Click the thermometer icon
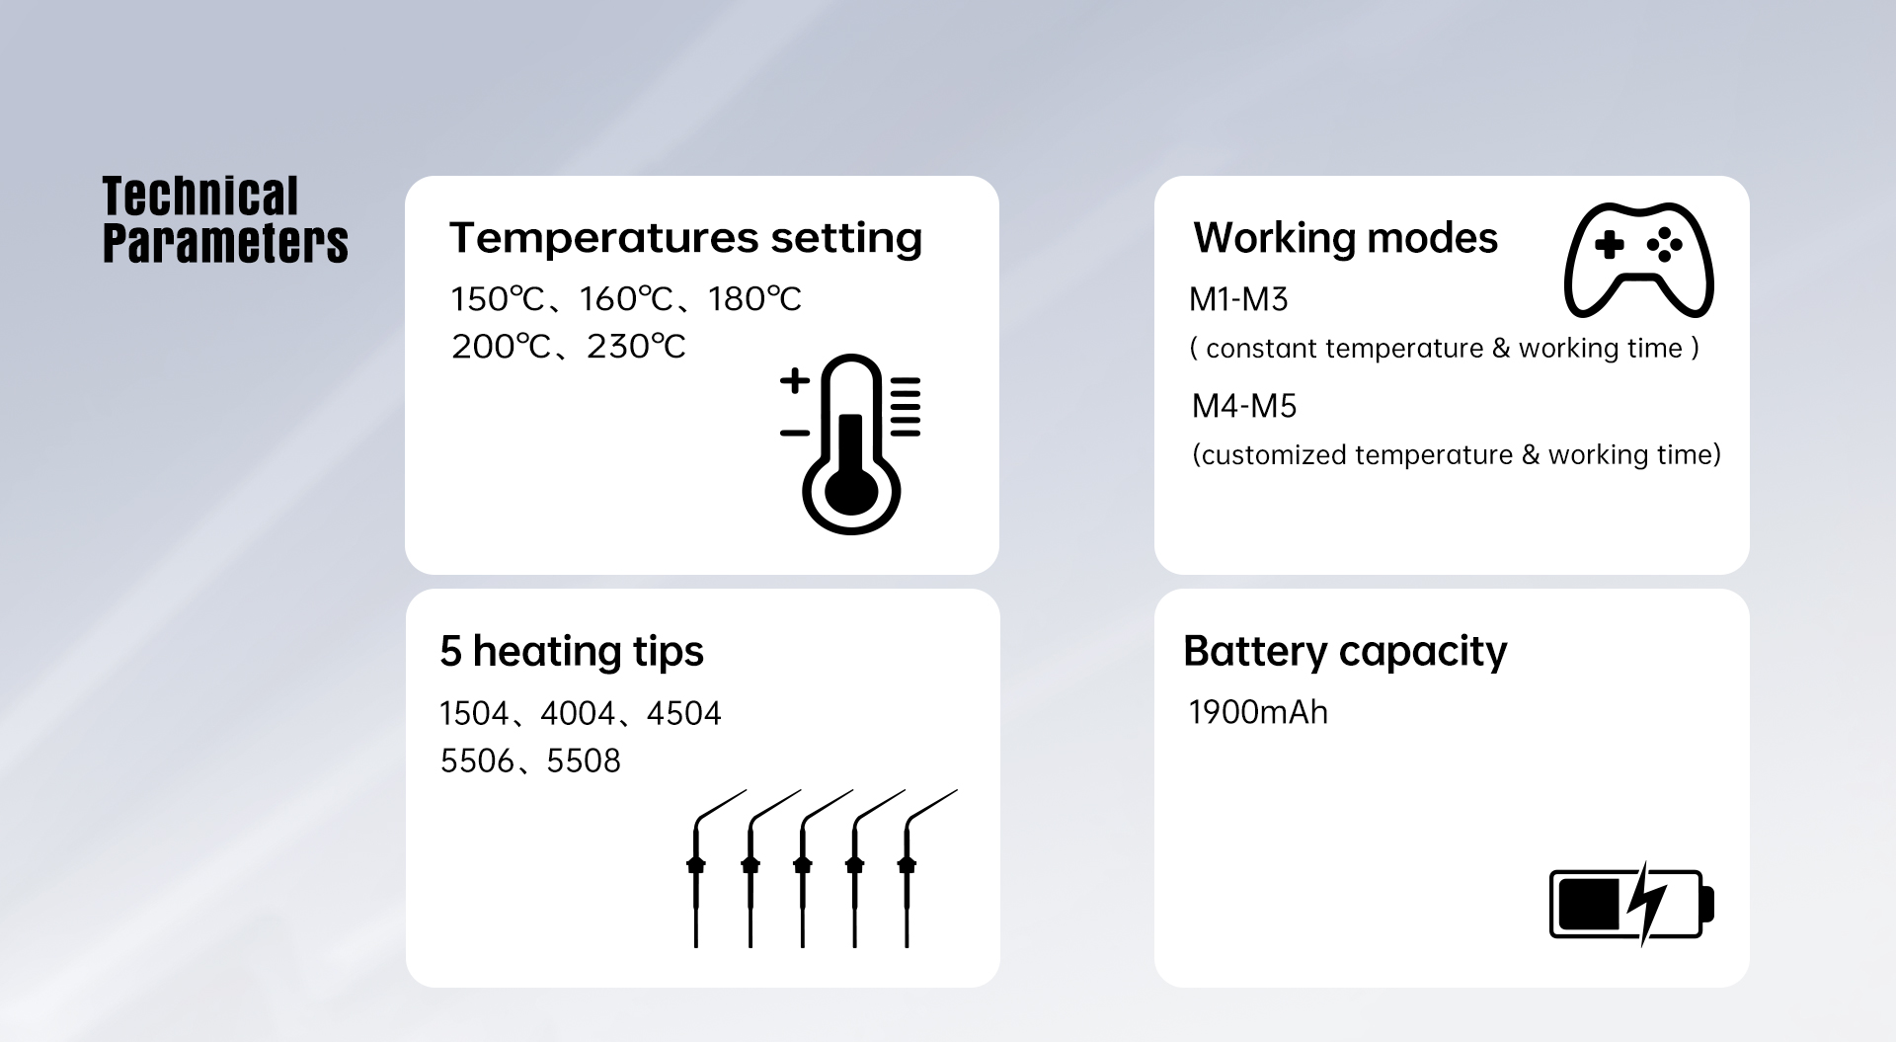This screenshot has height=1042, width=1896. coord(850,443)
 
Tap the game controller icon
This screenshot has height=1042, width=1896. coord(1639,261)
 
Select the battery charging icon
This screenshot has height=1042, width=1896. coord(1631,903)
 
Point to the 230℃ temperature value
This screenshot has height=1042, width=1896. coord(636,347)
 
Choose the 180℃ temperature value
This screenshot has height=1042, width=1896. coord(754,299)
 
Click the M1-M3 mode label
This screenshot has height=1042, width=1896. coord(1238,299)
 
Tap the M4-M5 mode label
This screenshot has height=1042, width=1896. coord(1244,406)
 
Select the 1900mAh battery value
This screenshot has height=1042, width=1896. coord(1258,712)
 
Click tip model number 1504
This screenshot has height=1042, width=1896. coord(474,713)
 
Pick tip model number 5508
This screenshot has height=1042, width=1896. coord(584,761)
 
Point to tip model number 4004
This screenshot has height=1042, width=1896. coord(578,713)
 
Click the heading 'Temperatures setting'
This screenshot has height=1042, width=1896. coord(686,239)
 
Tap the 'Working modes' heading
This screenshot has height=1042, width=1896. coord(1345,238)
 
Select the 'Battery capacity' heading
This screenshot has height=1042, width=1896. coord(1345,653)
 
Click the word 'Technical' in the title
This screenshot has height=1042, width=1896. coord(200,196)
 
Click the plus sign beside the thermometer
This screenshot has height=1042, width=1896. coord(795,380)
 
